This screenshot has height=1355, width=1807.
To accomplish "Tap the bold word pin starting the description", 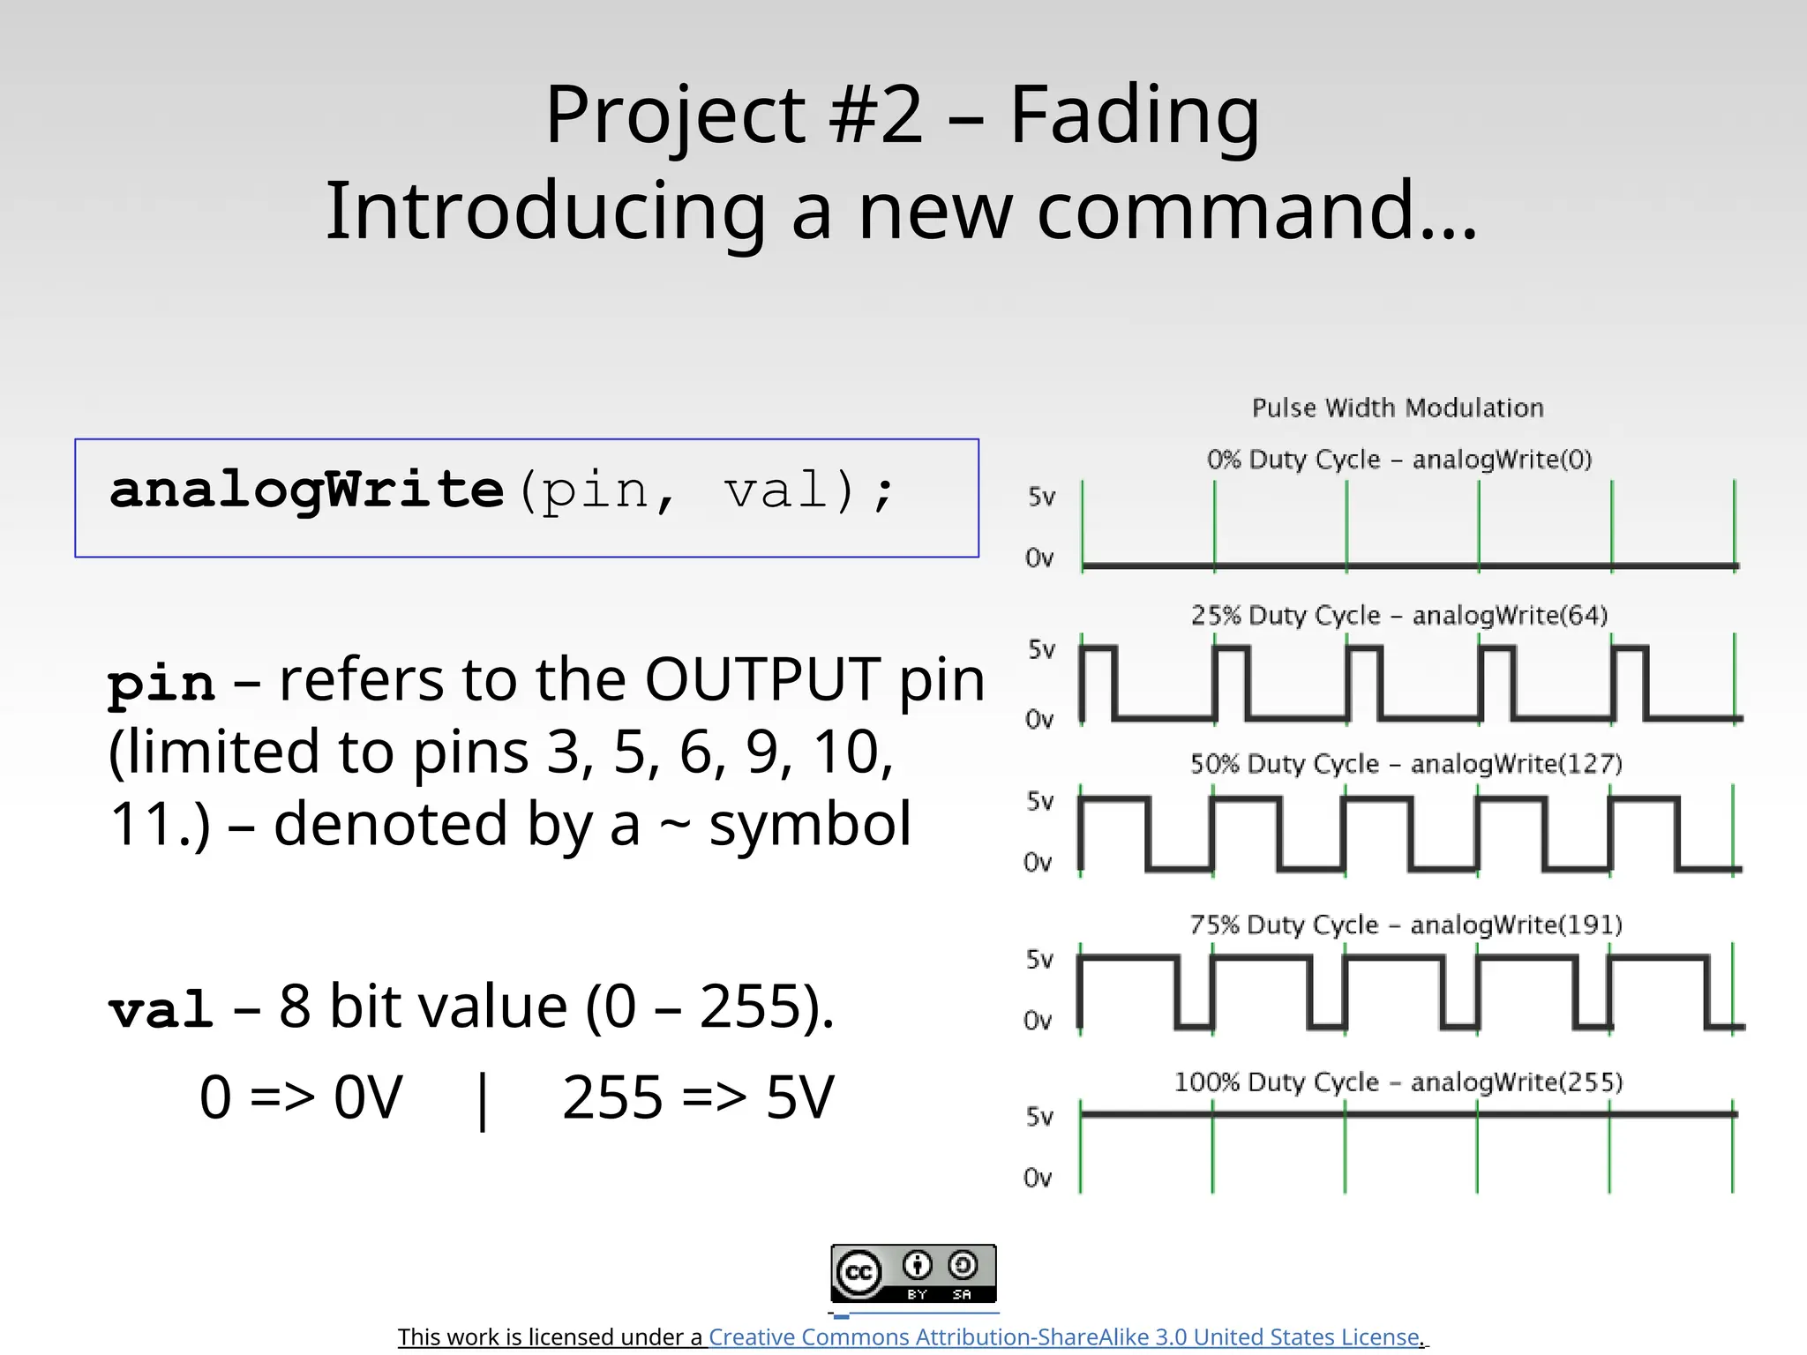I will click(161, 683).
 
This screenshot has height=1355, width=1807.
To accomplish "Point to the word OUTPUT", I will click(762, 680).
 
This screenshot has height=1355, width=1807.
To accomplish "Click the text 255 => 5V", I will click(697, 1098).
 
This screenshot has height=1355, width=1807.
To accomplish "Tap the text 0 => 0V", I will click(301, 1098).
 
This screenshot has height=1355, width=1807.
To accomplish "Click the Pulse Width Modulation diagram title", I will click(1398, 408).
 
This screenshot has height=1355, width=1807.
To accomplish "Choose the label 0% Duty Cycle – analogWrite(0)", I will click(1399, 460).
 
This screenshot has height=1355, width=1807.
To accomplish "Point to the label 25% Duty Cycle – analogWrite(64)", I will click(1399, 615).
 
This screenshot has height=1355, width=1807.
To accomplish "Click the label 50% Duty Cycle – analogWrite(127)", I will click(1406, 764).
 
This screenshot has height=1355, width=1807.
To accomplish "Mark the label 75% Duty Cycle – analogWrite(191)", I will click(1406, 925).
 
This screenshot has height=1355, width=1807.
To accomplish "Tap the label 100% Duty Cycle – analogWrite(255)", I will click(1398, 1082).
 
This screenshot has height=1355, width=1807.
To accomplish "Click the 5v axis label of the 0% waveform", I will click(1041, 497).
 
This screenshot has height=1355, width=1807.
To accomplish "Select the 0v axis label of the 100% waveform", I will click(1038, 1178).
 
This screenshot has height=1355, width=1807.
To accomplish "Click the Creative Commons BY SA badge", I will click(913, 1273).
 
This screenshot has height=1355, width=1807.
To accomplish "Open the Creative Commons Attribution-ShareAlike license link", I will click(1065, 1337).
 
